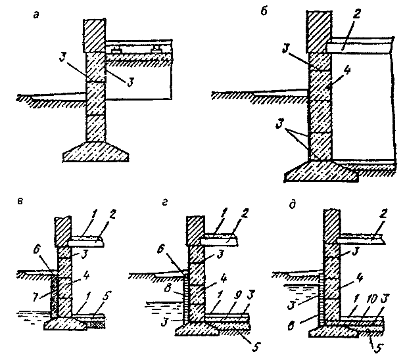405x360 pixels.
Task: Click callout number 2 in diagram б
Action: click(x=352, y=30)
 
